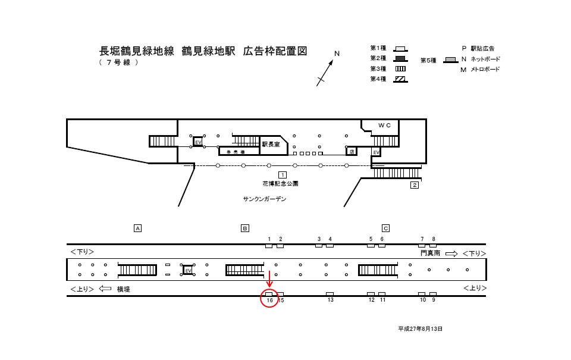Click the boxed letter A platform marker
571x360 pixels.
137,228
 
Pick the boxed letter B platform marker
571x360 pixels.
244,228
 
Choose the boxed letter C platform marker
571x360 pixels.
385,228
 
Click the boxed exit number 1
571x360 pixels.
283,174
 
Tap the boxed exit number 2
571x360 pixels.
415,185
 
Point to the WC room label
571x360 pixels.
384,126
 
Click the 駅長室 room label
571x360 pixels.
270,144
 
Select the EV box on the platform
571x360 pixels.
188,271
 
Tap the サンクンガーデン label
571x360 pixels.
264,199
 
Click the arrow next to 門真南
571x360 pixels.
451,253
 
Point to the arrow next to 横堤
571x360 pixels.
105,289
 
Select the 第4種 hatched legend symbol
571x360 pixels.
400,79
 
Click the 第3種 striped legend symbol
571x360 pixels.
400,69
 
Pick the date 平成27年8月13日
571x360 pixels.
421,328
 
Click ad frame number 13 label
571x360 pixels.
330,300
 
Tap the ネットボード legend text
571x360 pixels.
485,60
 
